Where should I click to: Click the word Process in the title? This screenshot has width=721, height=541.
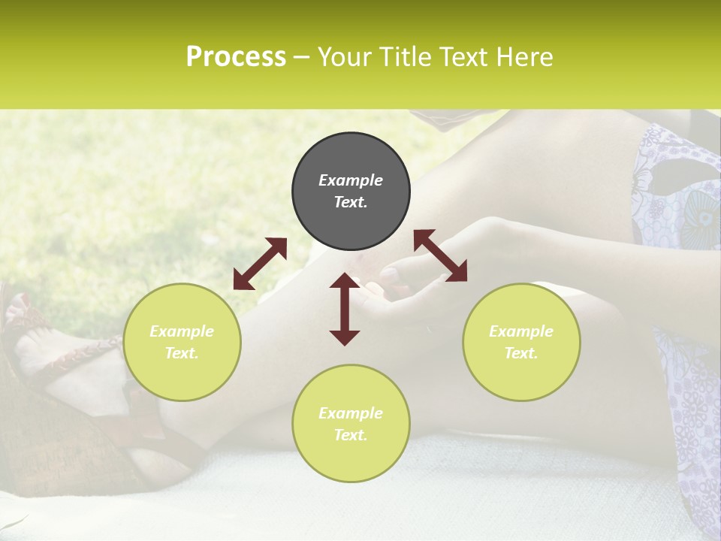coord(236,57)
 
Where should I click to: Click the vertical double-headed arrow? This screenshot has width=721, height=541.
coord(345,310)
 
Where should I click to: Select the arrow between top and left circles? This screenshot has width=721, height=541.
coord(260,264)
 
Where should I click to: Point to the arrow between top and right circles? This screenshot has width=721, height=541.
coord(440,255)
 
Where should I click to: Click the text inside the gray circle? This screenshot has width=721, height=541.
coord(351,191)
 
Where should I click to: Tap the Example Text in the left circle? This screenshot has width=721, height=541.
coord(182,342)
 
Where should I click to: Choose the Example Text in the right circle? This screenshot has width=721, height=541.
coord(521,342)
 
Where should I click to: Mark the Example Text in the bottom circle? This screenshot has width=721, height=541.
coord(351,424)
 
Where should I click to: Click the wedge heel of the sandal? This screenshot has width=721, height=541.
coord(68,443)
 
